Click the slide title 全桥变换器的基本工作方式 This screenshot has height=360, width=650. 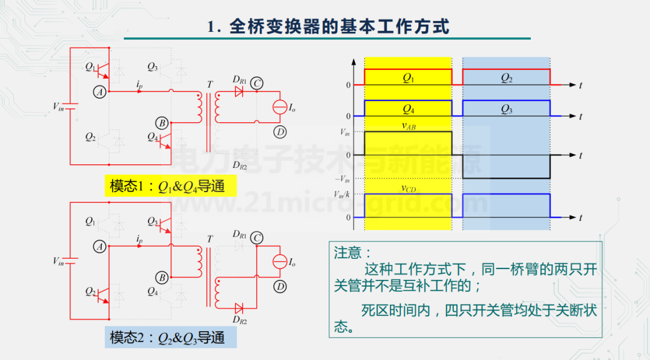328,27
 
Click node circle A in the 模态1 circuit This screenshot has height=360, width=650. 100,92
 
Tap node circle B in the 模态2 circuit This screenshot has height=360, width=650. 162,278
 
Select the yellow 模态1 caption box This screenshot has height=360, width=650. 170,186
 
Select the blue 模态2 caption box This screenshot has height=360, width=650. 170,338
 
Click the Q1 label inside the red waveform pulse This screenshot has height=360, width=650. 408,78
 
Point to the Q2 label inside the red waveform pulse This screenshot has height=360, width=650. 506,78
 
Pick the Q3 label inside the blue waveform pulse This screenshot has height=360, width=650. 506,109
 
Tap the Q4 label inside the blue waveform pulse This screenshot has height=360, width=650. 408,109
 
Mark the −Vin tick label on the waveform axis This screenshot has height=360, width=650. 342,178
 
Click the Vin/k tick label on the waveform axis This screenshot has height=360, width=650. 342,194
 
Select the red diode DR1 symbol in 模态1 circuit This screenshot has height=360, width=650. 238,93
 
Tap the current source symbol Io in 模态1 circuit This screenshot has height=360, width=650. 279,107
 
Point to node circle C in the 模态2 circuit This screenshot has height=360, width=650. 258,238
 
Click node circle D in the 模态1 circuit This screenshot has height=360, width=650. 279,132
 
